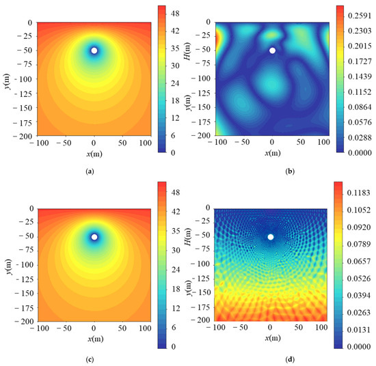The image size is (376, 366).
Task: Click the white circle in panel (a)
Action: tap(94, 51)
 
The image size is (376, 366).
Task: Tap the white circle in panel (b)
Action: tap(272, 51)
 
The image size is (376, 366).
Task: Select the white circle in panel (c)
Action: tap(94, 237)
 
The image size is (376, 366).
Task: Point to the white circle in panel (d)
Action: tap(271, 237)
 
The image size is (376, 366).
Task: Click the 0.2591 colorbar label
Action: tap(360, 16)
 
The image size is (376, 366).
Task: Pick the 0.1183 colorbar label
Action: tap(358, 193)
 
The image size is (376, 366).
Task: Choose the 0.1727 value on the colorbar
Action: tap(360, 61)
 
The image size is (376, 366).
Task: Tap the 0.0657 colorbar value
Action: tap(358, 261)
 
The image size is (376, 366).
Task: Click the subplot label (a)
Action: tap(90, 171)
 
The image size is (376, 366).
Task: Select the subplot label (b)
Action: tap(290, 171)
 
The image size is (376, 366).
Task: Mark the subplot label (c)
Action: tap(90, 360)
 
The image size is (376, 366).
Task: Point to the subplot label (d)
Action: tap(290, 360)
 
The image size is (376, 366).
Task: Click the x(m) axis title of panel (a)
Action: tap(94, 154)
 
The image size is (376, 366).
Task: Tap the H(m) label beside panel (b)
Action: tap(187, 51)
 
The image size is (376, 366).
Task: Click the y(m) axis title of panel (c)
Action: tap(8, 267)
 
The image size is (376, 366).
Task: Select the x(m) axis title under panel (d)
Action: tap(273, 338)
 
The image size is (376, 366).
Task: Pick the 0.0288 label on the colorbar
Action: tap(360, 138)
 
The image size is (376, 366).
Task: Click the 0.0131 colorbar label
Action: tap(358, 330)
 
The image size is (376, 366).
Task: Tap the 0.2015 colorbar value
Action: tap(360, 46)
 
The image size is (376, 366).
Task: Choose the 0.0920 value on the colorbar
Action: tap(358, 227)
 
